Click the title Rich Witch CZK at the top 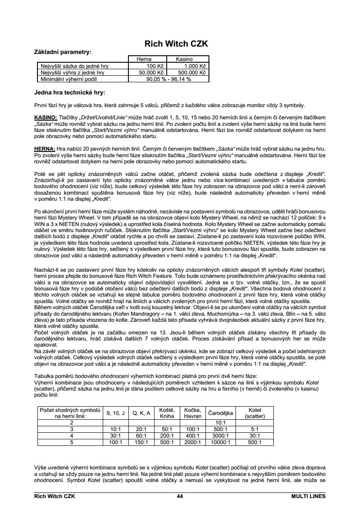click(176, 44)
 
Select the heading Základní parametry click(63, 52)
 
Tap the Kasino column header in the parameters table click(184, 59)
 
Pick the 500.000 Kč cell click(192, 73)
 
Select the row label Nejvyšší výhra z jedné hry click(72, 73)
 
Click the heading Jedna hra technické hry click(70, 92)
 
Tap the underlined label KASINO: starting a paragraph click(46, 118)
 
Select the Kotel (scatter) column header click(255, 413)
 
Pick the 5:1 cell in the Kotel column click(255, 428)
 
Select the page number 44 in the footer click(180, 496)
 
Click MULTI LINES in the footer click(308, 496)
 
